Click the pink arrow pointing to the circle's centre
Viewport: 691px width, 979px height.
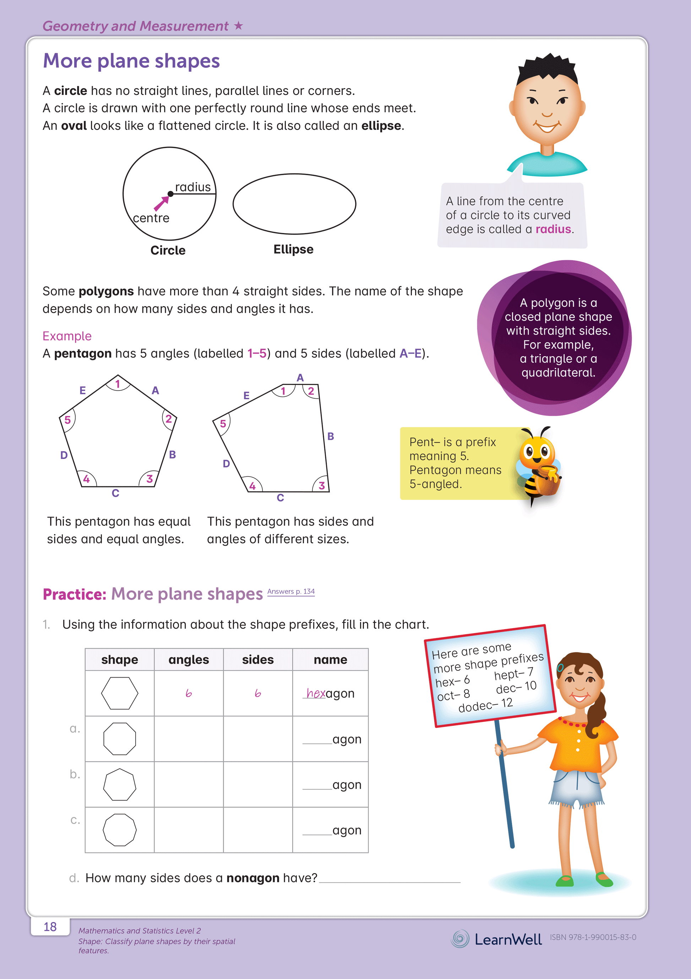pos(161,203)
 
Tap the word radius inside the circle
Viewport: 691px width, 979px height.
pos(192,187)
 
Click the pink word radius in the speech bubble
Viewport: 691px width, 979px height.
pos(553,229)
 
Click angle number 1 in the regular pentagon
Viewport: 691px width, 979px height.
pos(118,384)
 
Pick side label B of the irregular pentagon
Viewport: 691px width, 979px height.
pos(331,436)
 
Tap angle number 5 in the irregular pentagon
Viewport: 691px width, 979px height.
pos(223,424)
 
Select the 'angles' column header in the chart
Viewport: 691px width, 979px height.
pos(189,660)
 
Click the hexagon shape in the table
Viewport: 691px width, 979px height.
pos(120,693)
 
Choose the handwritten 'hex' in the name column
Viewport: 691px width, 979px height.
pos(316,693)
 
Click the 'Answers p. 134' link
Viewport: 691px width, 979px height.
pos(291,592)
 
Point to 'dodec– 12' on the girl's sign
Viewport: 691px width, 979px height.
pos(485,705)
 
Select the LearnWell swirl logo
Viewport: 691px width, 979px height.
pos(460,938)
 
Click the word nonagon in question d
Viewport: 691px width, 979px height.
pos(252,878)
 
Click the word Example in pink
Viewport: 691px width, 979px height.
pos(67,336)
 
